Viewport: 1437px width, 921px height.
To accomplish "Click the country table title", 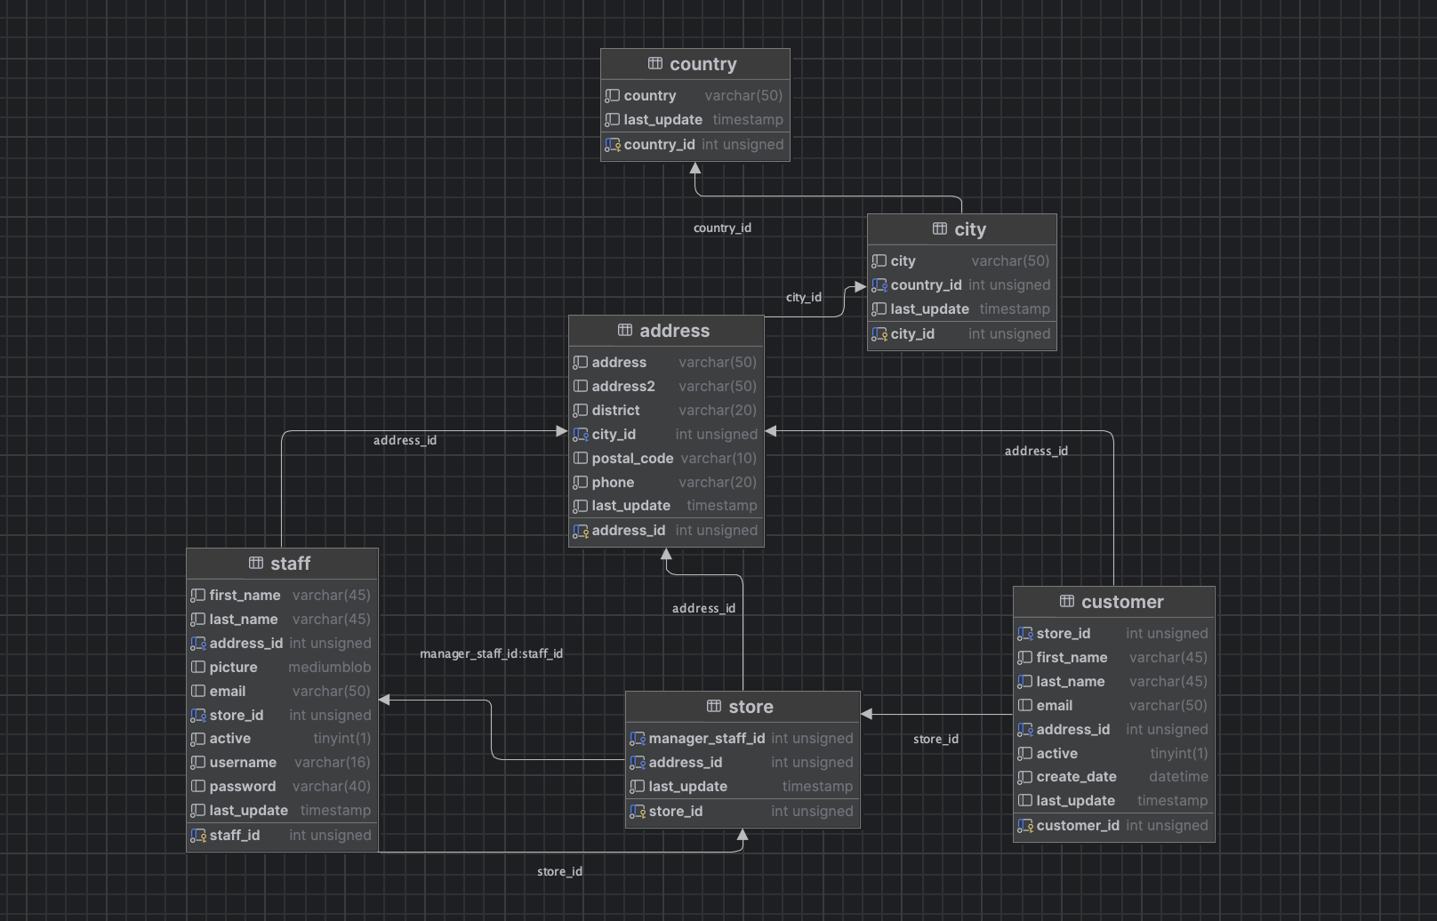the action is click(703, 64).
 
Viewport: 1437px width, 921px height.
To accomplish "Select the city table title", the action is click(970, 229).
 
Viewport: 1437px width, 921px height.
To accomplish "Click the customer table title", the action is click(1122, 602).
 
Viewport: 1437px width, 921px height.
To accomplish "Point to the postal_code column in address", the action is click(632, 459).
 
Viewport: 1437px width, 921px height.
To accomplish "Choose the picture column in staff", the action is click(234, 668).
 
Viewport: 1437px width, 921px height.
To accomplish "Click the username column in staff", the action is click(243, 763).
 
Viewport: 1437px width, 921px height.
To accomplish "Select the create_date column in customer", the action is click(1077, 777).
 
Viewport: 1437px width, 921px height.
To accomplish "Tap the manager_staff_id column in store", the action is click(706, 739).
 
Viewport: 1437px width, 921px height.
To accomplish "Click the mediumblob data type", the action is click(330, 668).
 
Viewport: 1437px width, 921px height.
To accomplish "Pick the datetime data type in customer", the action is click(1178, 777).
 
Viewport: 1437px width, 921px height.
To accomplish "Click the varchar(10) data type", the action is click(718, 459).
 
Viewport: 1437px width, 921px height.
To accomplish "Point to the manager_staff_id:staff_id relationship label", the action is click(492, 654).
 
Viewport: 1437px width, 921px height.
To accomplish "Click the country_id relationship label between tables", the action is click(722, 228).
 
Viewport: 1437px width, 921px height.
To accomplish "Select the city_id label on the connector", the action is click(804, 298).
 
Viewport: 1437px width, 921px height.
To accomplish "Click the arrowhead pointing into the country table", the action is click(695, 168).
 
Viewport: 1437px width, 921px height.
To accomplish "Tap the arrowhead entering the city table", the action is click(861, 286).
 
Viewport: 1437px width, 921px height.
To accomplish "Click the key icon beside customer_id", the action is click(1025, 826).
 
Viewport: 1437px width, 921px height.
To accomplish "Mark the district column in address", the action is click(616, 411).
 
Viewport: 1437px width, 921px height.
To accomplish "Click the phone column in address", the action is click(613, 483).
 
